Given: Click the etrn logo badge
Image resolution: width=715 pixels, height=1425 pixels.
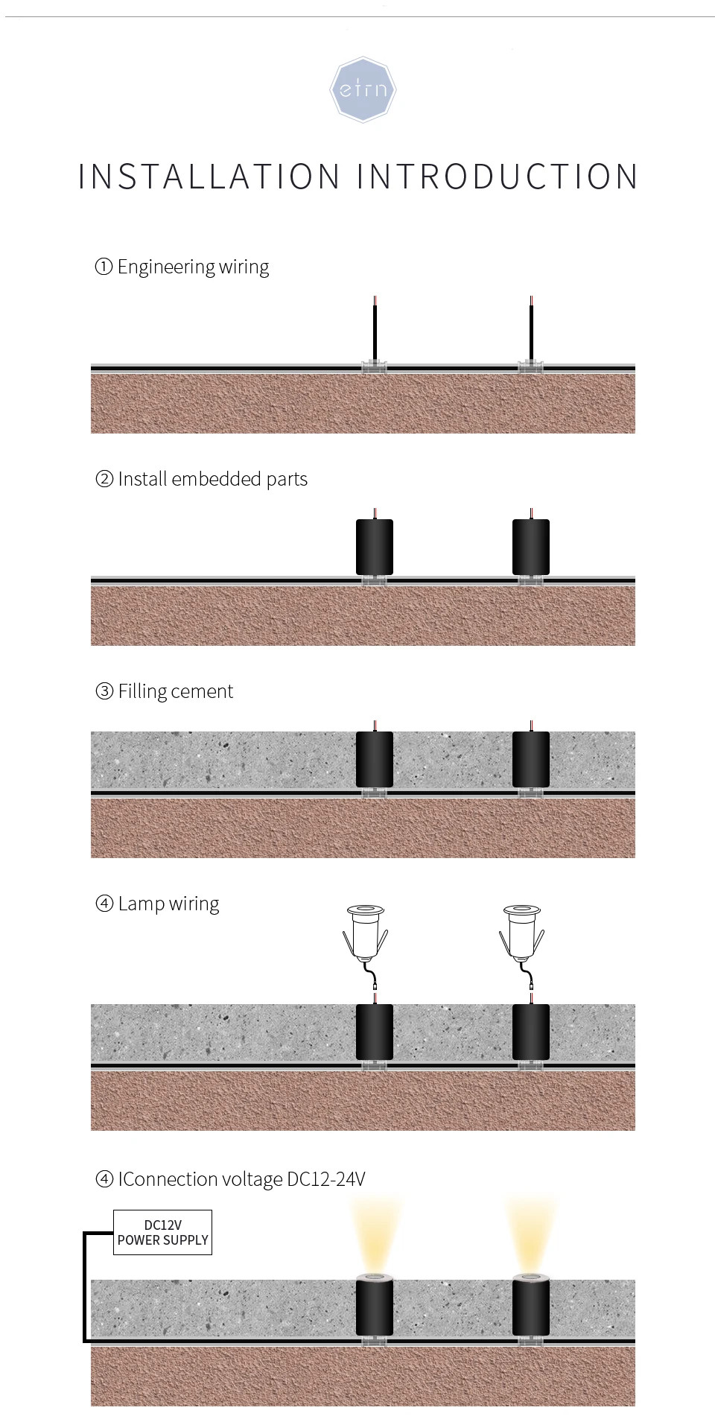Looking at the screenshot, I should tap(363, 89).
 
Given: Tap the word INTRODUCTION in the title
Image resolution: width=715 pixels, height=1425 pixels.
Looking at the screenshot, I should tap(498, 177).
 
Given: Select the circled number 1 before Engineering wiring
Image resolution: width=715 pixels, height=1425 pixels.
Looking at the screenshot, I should tap(104, 267).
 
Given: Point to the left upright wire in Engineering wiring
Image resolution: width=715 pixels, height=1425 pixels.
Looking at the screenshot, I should tap(375, 328).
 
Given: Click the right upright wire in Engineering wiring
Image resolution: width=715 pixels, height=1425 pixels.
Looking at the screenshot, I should tap(531, 328).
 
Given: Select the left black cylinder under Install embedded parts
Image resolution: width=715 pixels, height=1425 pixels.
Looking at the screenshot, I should tap(375, 547).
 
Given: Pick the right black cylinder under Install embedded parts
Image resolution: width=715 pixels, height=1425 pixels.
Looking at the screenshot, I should tap(531, 547).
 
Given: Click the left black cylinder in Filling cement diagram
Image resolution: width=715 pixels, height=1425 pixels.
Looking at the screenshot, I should tap(375, 759).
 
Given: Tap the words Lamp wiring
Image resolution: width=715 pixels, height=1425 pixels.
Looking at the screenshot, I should tap(168, 904).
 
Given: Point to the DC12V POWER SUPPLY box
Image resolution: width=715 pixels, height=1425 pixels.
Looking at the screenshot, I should tap(162, 1232).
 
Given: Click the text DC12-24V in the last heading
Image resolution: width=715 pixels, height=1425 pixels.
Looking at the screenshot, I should tap(326, 1179).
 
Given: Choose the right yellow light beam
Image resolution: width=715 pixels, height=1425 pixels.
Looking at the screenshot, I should tap(531, 1233).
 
